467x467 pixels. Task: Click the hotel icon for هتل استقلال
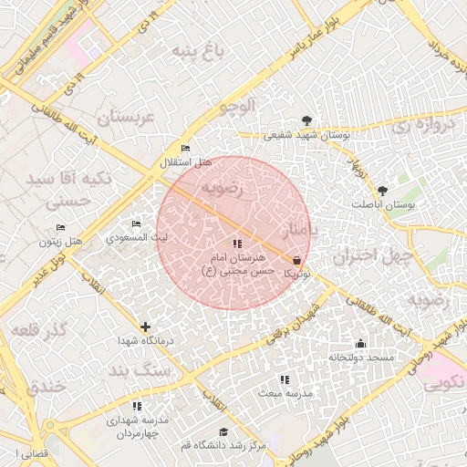click(x=186, y=149)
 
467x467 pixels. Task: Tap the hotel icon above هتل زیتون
click(x=60, y=227)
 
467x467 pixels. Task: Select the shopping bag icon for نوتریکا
click(x=297, y=260)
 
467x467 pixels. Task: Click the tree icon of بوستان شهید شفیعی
click(x=306, y=120)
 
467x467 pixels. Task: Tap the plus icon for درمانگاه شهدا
click(x=145, y=327)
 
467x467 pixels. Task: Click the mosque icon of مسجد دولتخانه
click(x=361, y=343)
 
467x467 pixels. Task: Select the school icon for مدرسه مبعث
click(x=285, y=379)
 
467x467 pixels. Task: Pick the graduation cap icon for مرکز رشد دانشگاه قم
click(x=223, y=431)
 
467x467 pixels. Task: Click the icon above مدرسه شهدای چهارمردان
click(x=137, y=406)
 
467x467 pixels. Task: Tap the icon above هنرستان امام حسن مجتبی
click(x=237, y=244)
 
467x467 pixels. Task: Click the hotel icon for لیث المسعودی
click(x=137, y=224)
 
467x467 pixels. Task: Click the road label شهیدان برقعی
click(x=297, y=322)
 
